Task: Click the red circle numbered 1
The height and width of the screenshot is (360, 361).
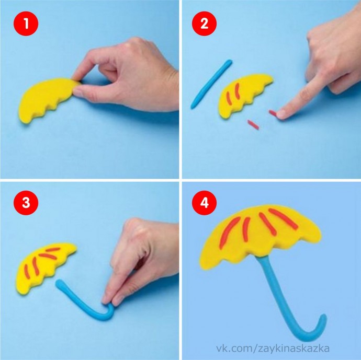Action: (x=26, y=24)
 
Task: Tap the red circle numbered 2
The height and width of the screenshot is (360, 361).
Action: (x=204, y=24)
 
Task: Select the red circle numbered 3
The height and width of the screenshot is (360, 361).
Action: (x=26, y=203)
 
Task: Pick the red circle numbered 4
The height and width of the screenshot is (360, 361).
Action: (x=204, y=203)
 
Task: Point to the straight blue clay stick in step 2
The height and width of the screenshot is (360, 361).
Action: (x=211, y=84)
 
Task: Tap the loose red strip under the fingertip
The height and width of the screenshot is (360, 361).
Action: (x=273, y=113)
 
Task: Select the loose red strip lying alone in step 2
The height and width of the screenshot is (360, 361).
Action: (x=253, y=124)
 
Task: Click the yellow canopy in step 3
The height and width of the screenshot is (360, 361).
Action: (x=44, y=266)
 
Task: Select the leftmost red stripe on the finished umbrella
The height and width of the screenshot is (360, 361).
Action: (x=229, y=232)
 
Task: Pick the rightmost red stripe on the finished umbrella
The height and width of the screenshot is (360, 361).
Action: (x=283, y=218)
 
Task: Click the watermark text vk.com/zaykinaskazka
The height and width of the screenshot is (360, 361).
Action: (x=273, y=349)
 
